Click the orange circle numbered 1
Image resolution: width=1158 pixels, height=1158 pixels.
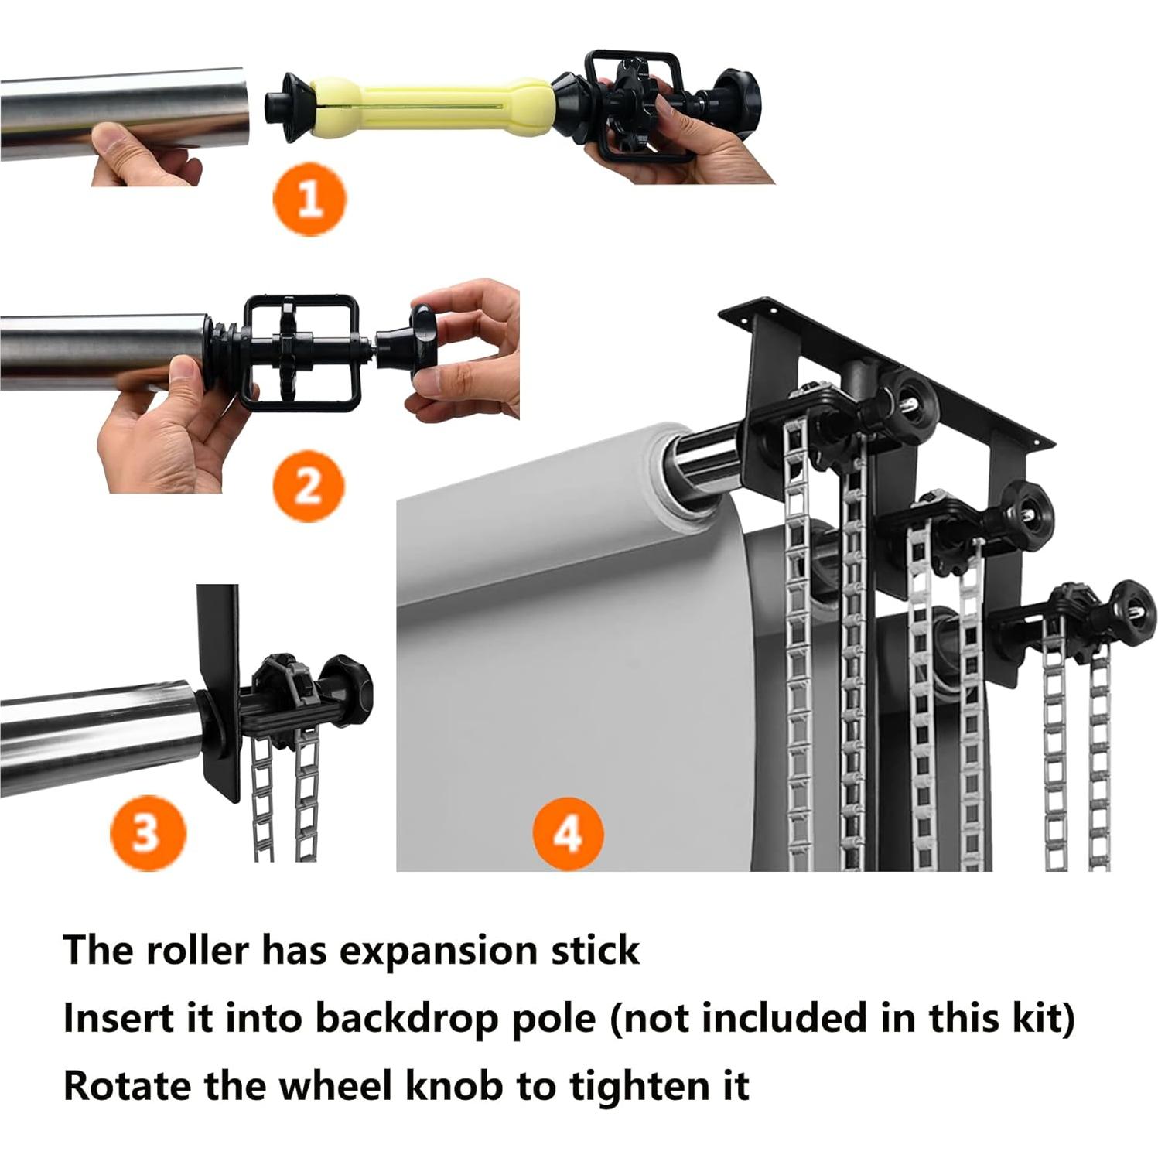tap(309, 199)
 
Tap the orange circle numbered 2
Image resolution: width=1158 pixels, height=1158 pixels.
tap(308, 487)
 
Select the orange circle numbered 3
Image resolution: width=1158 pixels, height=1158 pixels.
tap(147, 834)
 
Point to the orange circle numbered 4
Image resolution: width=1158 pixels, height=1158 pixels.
tap(568, 834)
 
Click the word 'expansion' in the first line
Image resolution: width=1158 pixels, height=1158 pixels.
tap(439, 951)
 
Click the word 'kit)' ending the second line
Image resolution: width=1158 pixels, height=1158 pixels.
tap(1044, 1018)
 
